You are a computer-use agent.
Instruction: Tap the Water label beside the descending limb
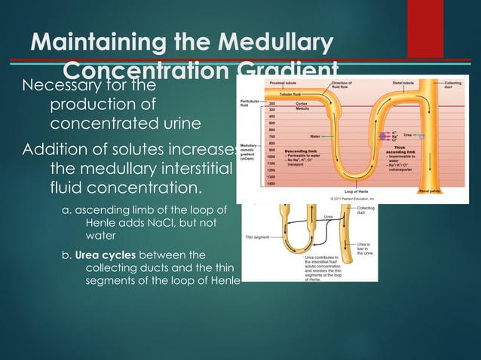[316, 136]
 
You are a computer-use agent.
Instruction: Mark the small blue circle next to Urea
[422, 136]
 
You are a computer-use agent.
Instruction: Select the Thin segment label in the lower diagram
[259, 236]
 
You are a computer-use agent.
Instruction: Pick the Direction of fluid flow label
[342, 84]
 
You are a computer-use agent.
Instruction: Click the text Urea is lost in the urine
[363, 249]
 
